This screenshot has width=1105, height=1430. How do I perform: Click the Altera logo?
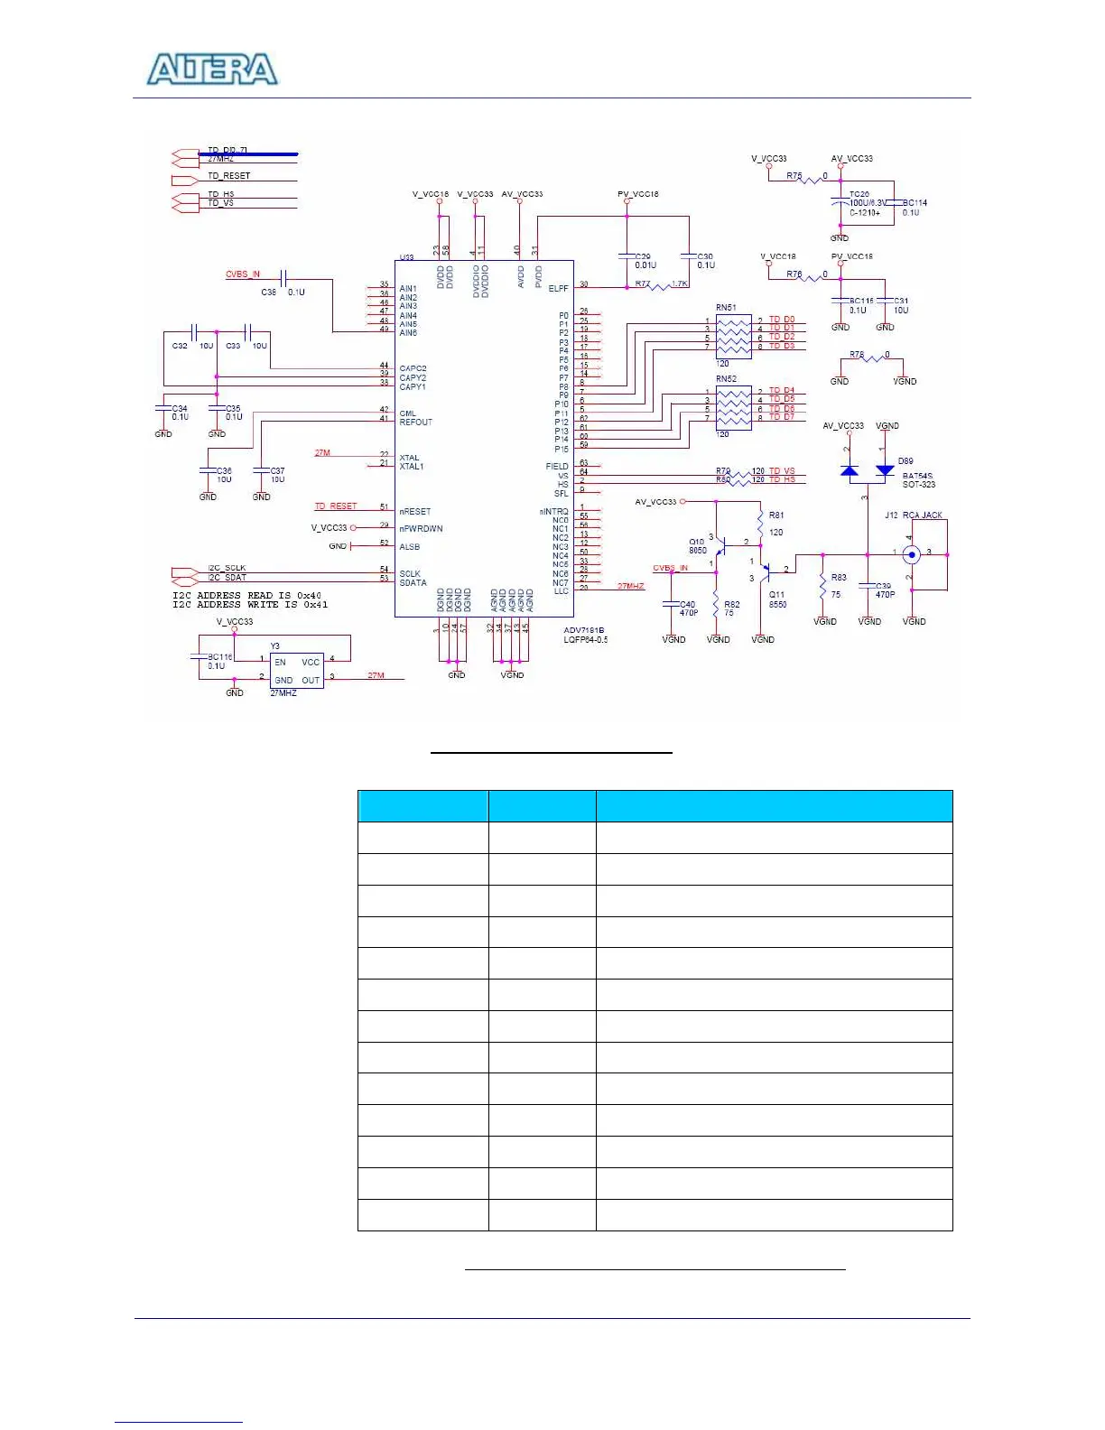click(213, 70)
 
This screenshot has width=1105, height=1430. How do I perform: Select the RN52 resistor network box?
click(733, 408)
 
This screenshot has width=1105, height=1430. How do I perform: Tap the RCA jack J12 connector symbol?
click(912, 554)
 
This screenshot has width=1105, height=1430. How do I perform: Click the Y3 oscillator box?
click(296, 671)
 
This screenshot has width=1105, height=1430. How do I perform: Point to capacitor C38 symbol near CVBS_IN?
click(283, 278)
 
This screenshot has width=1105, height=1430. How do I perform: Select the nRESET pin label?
click(415, 512)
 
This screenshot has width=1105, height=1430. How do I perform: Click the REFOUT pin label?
click(416, 422)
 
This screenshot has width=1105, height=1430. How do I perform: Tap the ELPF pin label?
click(558, 289)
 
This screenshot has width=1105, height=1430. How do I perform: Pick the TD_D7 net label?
click(782, 417)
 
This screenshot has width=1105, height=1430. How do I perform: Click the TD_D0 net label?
click(782, 320)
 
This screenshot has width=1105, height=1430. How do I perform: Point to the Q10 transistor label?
click(697, 542)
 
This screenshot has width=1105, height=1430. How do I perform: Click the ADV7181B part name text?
click(584, 630)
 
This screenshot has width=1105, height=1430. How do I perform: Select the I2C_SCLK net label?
click(227, 568)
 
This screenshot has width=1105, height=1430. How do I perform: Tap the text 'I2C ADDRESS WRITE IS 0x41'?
click(250, 605)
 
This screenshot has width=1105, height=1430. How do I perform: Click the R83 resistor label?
click(839, 578)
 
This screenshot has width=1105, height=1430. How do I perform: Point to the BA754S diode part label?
click(917, 476)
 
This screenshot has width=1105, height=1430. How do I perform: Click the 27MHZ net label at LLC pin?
click(631, 586)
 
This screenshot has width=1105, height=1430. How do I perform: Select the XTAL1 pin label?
click(412, 467)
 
